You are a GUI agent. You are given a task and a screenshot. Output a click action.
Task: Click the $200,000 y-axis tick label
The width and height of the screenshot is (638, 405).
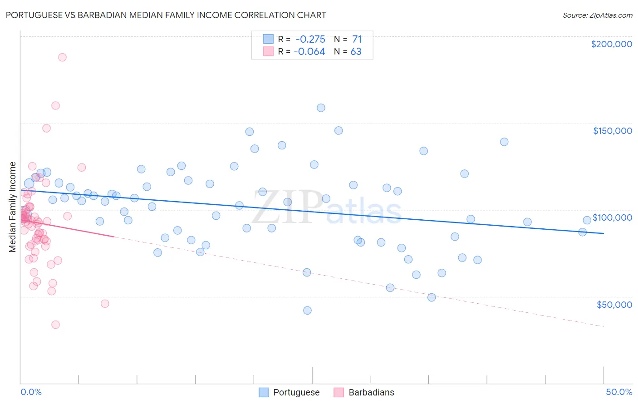(611, 44)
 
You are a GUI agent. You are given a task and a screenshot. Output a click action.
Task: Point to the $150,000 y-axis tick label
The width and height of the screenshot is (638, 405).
(612, 131)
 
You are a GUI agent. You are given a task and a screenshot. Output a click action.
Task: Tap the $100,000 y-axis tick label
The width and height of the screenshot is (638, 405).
(612, 217)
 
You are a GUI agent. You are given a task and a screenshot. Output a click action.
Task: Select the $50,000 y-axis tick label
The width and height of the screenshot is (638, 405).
(614, 304)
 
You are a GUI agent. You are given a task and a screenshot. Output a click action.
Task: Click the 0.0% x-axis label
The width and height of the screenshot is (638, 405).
(31, 392)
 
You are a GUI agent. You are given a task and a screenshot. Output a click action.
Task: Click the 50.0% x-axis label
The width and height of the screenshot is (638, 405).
(619, 392)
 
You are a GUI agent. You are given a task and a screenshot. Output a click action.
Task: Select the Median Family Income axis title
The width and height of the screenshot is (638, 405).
(12, 207)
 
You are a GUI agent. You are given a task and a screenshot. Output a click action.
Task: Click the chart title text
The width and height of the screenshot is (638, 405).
(166, 15)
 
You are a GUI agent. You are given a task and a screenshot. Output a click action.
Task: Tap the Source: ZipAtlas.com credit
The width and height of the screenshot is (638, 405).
(597, 15)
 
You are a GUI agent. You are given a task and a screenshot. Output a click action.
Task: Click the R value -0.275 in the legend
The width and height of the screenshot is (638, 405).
(310, 40)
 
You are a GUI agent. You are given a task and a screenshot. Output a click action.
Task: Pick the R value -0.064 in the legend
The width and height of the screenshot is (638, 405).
(309, 52)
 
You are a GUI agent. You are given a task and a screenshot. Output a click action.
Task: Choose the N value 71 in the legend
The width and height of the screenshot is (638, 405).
(357, 40)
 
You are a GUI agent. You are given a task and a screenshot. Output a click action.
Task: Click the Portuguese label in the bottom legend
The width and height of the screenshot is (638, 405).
(296, 392)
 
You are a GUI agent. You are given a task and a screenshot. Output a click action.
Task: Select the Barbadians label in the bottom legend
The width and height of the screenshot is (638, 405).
(371, 392)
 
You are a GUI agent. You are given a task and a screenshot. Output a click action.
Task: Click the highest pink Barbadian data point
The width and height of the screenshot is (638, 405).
(62, 57)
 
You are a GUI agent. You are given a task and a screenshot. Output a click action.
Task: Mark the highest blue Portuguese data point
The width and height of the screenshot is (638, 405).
(321, 108)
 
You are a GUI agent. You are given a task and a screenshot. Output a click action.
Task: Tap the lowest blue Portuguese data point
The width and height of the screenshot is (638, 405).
(307, 311)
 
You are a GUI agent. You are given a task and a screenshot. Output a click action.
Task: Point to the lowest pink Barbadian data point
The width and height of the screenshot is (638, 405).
(55, 325)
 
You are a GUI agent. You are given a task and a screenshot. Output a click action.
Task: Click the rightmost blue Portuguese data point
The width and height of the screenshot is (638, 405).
(587, 220)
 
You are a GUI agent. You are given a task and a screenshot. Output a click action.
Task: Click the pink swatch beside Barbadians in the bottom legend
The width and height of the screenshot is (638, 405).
(339, 392)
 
